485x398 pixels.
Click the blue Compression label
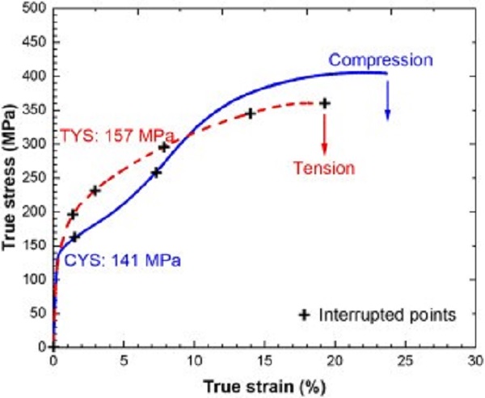click(381, 60)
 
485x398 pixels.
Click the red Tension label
click(324, 169)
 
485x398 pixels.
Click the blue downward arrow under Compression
click(387, 98)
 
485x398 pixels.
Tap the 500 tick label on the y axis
click(34, 8)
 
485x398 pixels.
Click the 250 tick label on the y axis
click(34, 178)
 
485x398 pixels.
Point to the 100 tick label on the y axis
click(34, 279)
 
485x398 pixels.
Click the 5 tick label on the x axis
click(123, 360)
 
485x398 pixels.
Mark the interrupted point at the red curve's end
click(325, 103)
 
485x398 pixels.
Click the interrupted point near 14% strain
click(251, 114)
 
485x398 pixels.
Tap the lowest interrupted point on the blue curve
click(75, 237)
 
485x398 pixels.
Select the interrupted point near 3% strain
click(95, 191)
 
